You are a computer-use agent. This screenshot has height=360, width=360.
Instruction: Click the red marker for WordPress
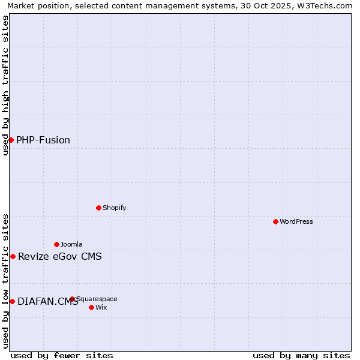(x=275, y=221)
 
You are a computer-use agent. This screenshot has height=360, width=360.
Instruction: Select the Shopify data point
(x=98, y=208)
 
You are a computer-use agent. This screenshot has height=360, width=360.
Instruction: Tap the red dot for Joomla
(x=56, y=244)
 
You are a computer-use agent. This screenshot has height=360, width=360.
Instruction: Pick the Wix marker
(x=91, y=307)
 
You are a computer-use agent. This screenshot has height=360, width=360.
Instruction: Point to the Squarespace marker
(x=72, y=299)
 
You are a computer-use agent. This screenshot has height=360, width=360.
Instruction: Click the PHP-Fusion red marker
(x=11, y=140)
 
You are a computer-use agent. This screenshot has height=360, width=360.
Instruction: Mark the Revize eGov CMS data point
(x=13, y=256)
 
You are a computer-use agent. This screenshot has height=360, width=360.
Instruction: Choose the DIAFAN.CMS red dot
(x=12, y=301)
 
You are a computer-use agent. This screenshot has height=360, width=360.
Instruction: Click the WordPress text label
(x=296, y=221)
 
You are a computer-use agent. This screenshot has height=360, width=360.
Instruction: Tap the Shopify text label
(x=114, y=208)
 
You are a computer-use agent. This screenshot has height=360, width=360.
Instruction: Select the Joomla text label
(x=71, y=244)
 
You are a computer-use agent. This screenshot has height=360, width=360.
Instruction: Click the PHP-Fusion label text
(x=43, y=140)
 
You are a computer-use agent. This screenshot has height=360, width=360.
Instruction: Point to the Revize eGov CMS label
(x=60, y=257)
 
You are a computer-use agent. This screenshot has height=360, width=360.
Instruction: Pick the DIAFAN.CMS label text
(x=47, y=301)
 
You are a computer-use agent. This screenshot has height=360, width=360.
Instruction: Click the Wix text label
(x=101, y=307)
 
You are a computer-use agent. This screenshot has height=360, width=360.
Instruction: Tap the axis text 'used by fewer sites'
(x=62, y=355)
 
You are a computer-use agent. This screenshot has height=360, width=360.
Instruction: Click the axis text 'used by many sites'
(x=301, y=355)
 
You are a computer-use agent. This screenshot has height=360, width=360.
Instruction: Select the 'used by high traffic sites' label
(x=5, y=85)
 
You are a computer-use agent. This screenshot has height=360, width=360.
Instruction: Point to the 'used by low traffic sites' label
(x=5, y=281)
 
